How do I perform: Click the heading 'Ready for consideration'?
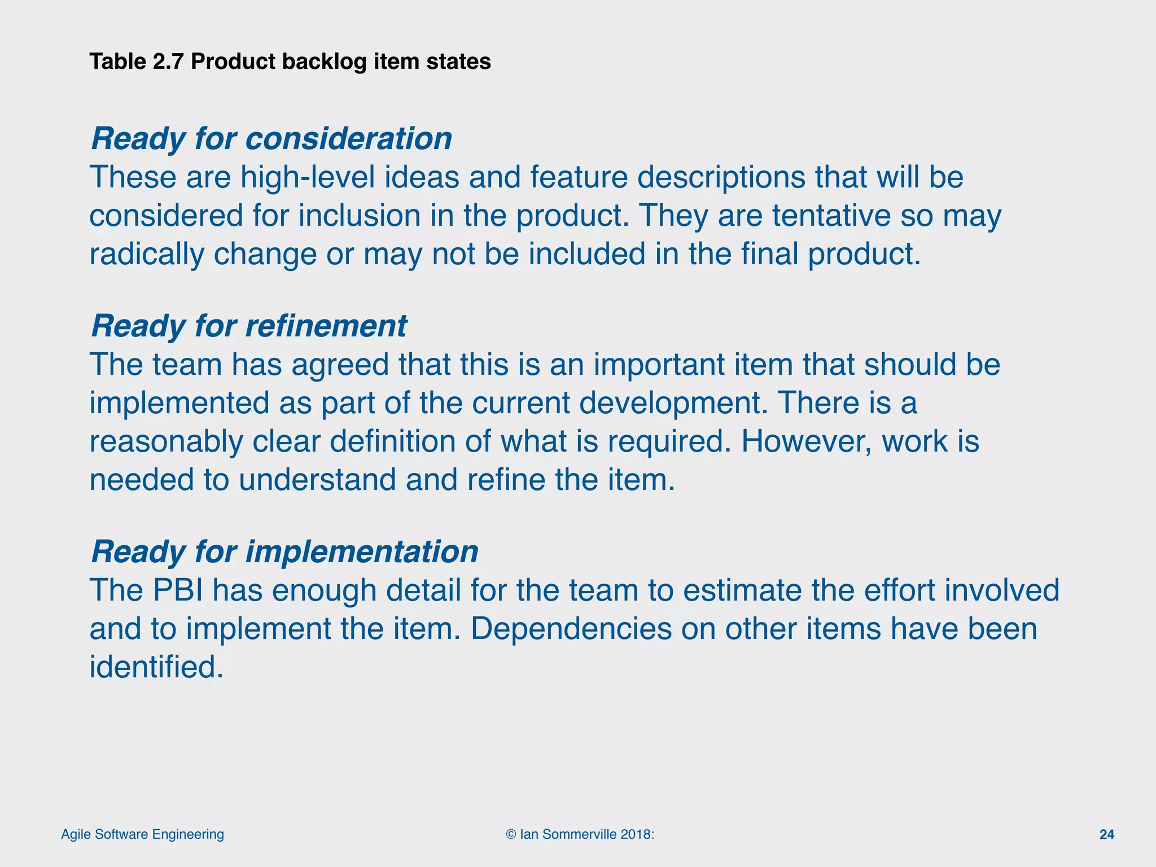point(272,139)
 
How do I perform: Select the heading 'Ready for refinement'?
point(249,326)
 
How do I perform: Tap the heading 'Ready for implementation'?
point(284,552)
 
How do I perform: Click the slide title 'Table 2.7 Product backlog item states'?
point(290,62)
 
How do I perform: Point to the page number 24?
point(1107,834)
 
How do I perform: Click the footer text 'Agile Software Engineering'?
point(142,834)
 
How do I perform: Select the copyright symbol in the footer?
point(511,834)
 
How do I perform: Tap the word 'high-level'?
point(308,177)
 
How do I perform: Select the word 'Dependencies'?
point(571,629)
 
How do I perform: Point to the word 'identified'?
point(152,667)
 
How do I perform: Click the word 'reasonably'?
point(166,441)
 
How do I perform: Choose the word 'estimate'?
point(742,590)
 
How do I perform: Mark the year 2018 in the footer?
point(634,834)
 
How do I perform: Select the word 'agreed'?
point(340,365)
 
